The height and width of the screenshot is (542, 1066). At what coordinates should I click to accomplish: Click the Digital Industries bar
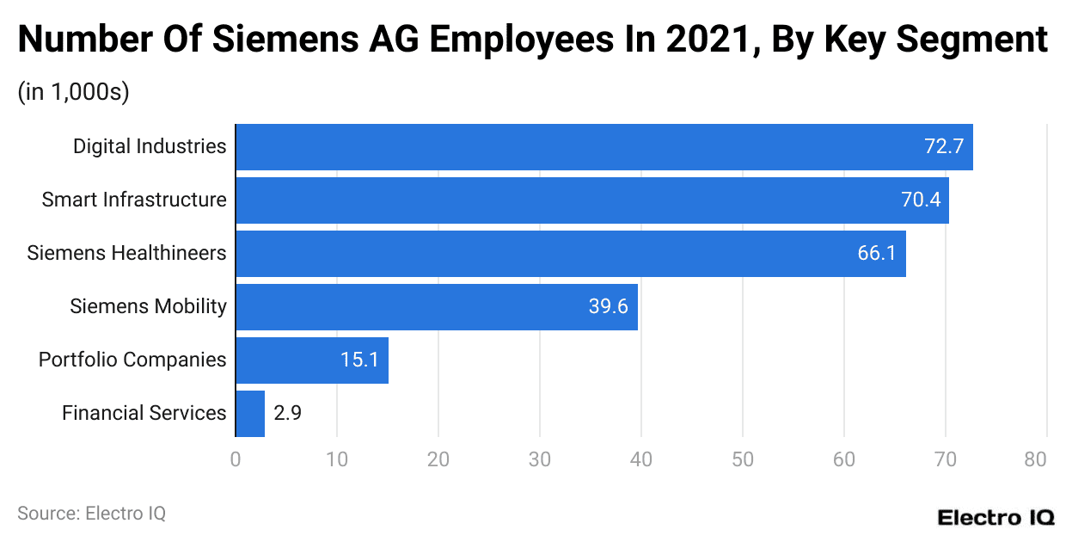(x=602, y=147)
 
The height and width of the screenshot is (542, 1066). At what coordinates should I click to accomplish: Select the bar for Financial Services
(x=250, y=414)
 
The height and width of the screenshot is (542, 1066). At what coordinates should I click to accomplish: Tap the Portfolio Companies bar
(x=311, y=360)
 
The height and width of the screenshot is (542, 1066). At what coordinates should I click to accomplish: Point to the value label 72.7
(x=943, y=147)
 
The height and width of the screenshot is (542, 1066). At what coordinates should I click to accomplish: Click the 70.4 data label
(x=921, y=200)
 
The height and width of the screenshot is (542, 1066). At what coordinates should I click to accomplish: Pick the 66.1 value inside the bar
(x=877, y=254)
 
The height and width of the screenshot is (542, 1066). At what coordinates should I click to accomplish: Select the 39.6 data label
(x=609, y=307)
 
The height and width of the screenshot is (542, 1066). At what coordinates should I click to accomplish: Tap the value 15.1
(x=359, y=360)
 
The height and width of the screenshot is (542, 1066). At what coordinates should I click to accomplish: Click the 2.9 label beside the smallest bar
(x=287, y=414)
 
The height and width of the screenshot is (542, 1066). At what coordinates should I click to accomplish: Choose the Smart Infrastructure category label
(x=134, y=200)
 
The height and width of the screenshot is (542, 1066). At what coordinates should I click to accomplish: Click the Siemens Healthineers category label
(x=126, y=254)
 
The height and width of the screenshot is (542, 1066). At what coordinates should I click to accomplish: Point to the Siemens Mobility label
(x=148, y=307)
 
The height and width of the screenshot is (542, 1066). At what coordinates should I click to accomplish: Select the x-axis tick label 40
(x=641, y=459)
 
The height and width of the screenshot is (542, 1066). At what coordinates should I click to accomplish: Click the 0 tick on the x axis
(x=236, y=459)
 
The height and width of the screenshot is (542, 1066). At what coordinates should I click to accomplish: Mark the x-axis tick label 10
(x=337, y=459)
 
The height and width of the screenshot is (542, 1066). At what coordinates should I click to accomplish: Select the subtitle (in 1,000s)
(x=73, y=93)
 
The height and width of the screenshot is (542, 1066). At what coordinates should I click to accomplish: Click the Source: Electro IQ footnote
(x=91, y=514)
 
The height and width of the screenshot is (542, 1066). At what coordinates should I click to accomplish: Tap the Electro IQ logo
(x=995, y=518)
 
